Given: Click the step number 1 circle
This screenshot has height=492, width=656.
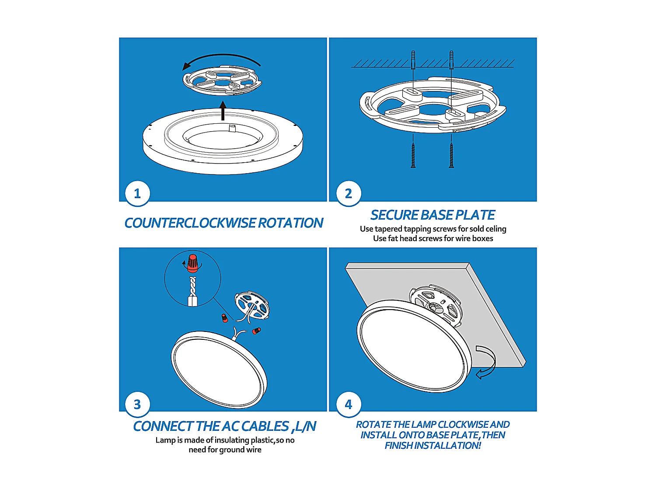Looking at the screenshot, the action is point(137,193).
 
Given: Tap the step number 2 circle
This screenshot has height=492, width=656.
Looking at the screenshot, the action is point(348,193).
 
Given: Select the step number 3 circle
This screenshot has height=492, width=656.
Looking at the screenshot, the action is point(137,404).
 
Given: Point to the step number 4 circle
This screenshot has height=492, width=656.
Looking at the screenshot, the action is point(348,404).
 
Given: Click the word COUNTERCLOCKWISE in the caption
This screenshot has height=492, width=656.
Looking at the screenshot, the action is point(190,223).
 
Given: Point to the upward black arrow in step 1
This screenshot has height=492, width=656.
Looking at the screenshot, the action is point(223,111).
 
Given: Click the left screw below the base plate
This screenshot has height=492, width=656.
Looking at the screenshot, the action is point(413,155).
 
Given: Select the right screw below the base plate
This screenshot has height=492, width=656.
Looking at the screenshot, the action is point(451,155).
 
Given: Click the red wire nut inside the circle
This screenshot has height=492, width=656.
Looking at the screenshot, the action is point(192,263).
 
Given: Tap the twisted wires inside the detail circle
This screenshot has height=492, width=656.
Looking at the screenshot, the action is point(193,286).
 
